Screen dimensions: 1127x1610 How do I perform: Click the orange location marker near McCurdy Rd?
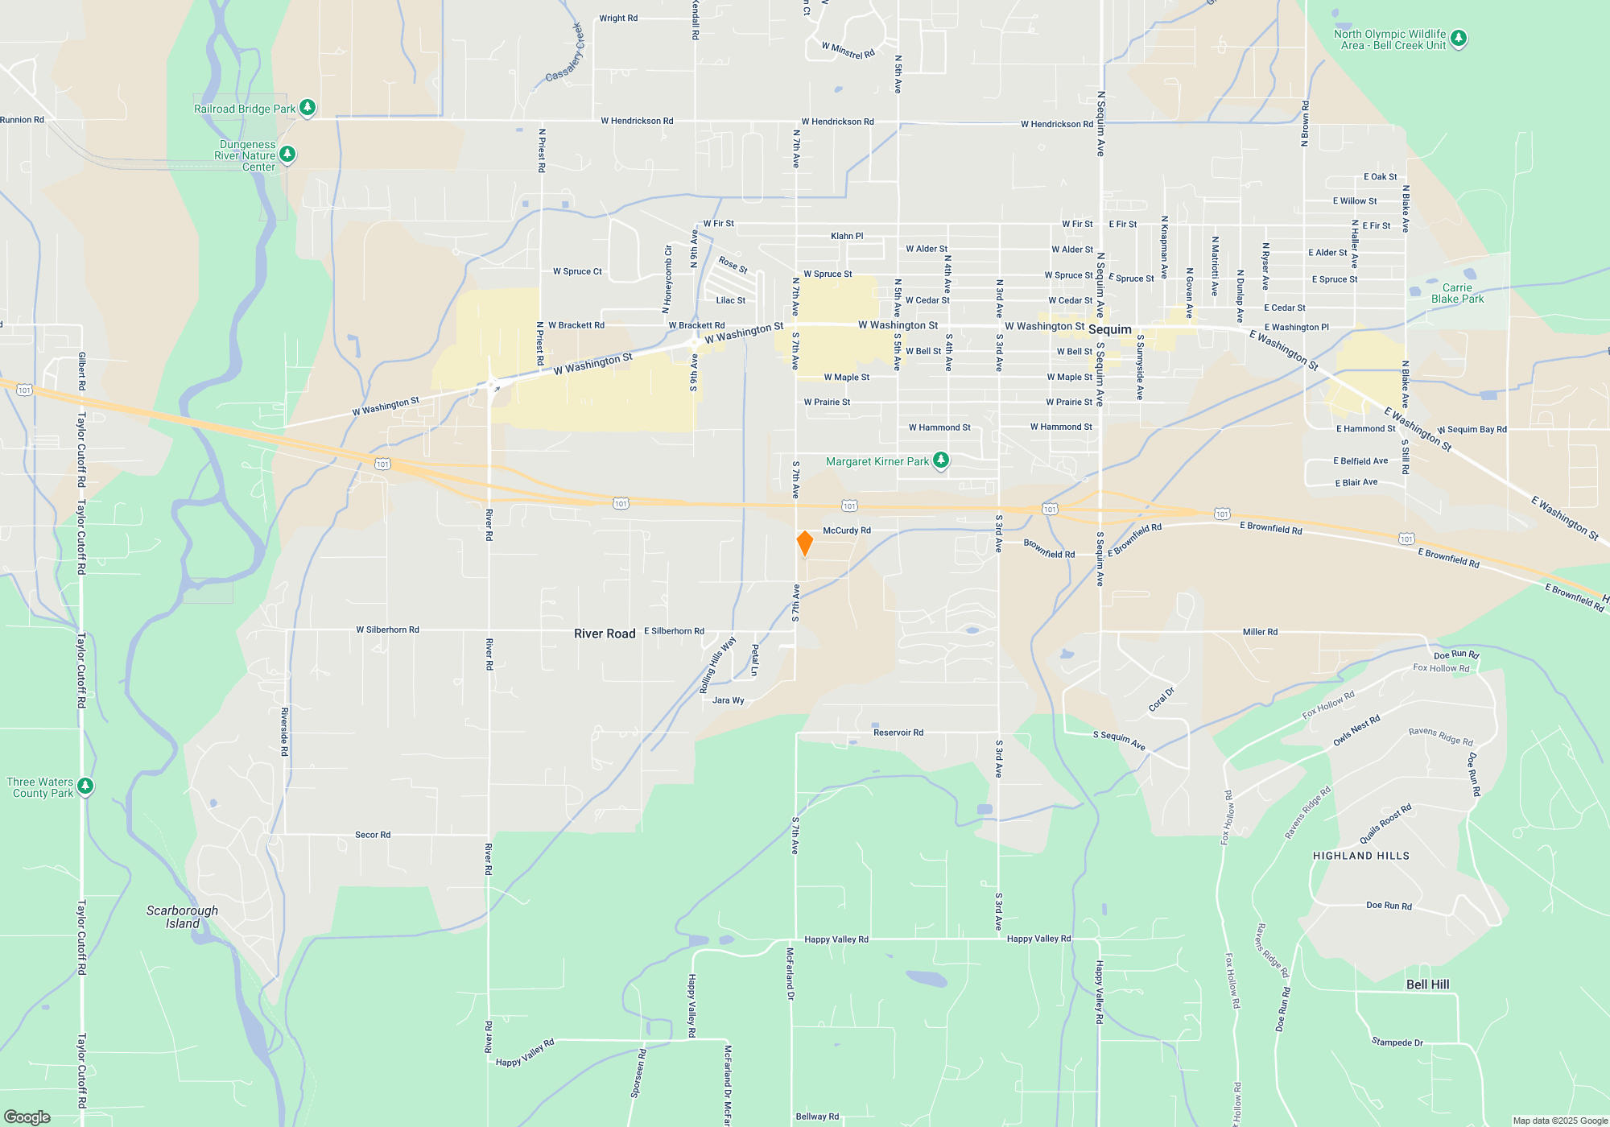[804, 543]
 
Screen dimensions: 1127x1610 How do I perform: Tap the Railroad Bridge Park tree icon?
[307, 107]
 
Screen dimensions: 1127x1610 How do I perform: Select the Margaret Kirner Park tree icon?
[940, 460]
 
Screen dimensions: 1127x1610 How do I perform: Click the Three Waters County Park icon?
[85, 786]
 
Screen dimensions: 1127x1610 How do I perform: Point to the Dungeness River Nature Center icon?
[287, 154]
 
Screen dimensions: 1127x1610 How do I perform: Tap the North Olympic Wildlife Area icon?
[1458, 38]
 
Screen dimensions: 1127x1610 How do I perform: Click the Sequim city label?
[1109, 330]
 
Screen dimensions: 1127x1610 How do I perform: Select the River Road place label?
[605, 634]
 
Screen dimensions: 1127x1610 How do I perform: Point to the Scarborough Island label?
[182, 917]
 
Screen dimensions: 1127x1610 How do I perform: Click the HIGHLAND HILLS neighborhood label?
[1361, 857]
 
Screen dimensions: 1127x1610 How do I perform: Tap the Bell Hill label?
[1427, 985]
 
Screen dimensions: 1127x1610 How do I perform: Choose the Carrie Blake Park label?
[1457, 294]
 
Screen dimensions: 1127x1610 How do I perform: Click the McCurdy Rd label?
[847, 531]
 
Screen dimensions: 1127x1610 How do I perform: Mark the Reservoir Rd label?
[898, 733]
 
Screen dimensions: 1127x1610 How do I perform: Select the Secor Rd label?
[373, 835]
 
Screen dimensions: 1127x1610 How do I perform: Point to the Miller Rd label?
[1260, 632]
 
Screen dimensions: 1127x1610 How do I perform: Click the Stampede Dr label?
[1397, 1042]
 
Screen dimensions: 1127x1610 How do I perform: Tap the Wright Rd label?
[618, 19]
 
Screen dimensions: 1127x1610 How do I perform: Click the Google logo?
[27, 1117]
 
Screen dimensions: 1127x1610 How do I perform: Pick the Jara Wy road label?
[729, 700]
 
